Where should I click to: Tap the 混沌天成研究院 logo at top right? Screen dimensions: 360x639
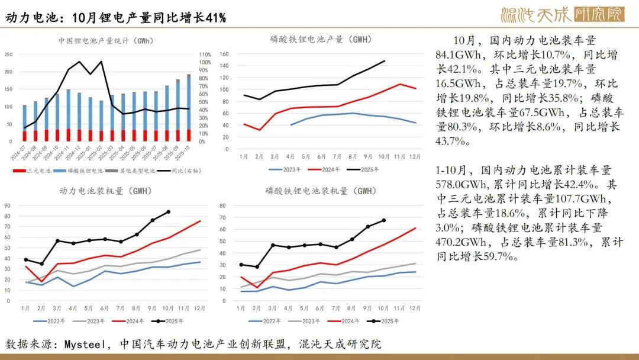(561, 14)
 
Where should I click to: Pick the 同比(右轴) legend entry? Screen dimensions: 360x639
(183, 171)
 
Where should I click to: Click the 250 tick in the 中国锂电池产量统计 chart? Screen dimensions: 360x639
(8, 54)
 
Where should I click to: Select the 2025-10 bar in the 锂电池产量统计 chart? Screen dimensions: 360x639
(189, 108)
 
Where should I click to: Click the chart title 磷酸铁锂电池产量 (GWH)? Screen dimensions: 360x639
(320, 40)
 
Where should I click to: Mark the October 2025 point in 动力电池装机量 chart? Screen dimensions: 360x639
(168, 211)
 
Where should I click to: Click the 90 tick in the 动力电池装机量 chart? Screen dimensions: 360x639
(7, 205)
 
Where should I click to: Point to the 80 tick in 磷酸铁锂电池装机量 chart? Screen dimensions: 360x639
(224, 205)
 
